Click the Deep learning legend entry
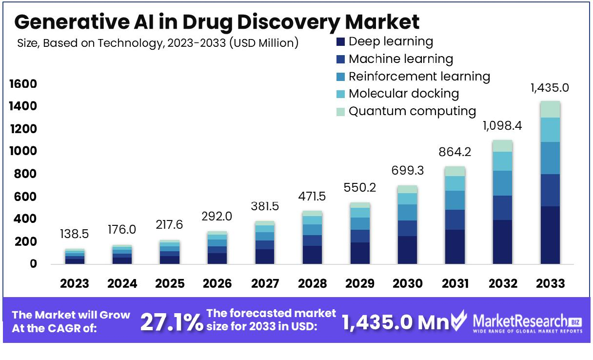[x=390, y=41]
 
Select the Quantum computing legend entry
[x=412, y=111]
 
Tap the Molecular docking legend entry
[x=403, y=93]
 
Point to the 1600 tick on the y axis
[x=23, y=84]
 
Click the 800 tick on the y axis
[x=27, y=174]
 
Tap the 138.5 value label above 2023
[x=75, y=235]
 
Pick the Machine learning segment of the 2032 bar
[x=502, y=208]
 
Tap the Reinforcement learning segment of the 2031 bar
[x=455, y=200]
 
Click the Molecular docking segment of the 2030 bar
[x=407, y=199]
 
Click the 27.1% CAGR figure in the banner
[x=171, y=322]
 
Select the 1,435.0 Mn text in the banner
[x=395, y=322]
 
